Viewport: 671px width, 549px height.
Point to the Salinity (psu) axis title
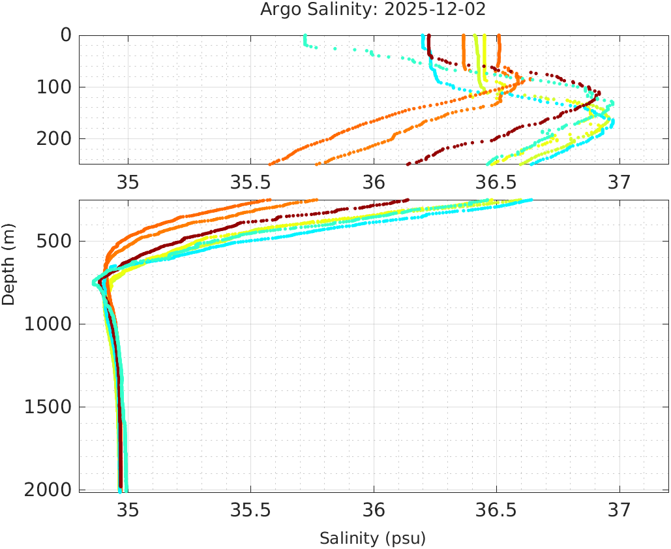click(372, 539)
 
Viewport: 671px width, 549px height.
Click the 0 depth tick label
click(66, 35)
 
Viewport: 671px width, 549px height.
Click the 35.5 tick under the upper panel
click(251, 182)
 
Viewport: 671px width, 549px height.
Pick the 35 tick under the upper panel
click(128, 182)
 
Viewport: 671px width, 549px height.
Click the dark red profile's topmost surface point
click(429, 36)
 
